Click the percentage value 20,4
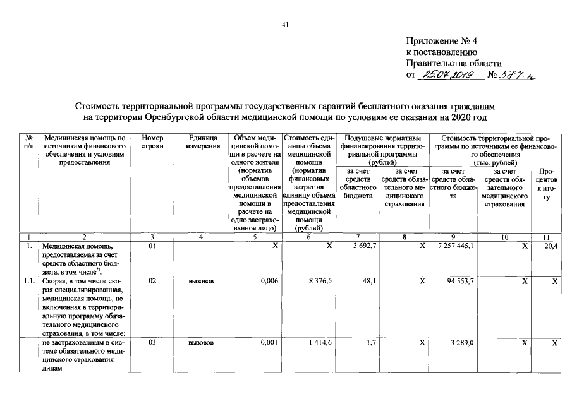pos(551,246)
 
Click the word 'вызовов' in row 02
pos(201,281)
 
